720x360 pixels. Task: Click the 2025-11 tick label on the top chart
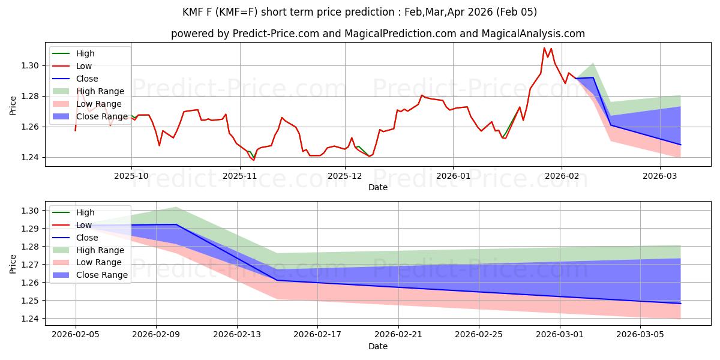[x=240, y=176]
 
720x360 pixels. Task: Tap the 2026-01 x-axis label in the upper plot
[x=452, y=176]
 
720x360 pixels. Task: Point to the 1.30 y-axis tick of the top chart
[x=31, y=65]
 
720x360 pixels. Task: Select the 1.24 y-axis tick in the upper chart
[x=31, y=157]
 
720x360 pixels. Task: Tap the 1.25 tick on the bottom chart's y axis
[x=31, y=301]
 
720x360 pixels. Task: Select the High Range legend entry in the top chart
[x=100, y=91]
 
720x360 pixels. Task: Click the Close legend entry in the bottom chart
[x=87, y=238]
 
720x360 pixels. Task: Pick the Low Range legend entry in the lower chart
[x=99, y=262]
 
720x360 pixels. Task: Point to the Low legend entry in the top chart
[x=85, y=66]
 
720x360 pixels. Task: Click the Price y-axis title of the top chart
[x=13, y=106]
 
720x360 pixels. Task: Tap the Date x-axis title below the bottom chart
[x=378, y=346]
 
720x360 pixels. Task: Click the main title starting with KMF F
[x=360, y=12]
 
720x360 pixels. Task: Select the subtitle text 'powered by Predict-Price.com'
[x=252, y=34]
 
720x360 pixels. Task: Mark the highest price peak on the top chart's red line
[x=544, y=48]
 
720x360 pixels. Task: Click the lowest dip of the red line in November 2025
[x=253, y=160]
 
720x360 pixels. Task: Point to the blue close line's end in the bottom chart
[x=680, y=304]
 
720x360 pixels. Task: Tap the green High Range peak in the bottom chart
[x=176, y=207]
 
